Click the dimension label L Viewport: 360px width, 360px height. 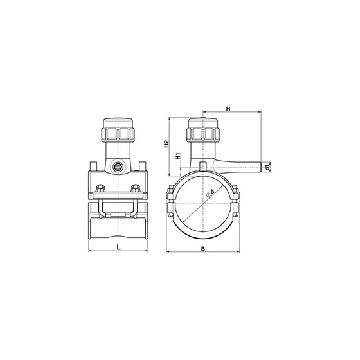[x=118, y=247]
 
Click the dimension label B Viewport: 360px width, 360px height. [x=203, y=248]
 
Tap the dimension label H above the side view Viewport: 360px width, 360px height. [x=228, y=109]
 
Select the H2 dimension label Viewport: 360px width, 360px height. [x=166, y=144]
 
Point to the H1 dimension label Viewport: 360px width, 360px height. [x=178, y=156]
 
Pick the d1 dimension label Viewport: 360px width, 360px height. [x=267, y=167]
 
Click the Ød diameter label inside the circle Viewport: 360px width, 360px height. [x=210, y=193]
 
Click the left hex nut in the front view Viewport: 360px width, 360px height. [x=100, y=188]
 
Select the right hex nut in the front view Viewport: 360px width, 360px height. [x=135, y=188]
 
